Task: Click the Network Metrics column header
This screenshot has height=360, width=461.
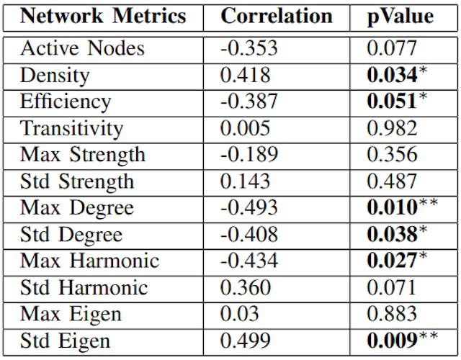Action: point(102,17)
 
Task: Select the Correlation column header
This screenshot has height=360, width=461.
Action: point(277,17)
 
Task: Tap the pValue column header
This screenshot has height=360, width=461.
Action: point(400,17)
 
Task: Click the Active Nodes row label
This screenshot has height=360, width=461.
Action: point(82,49)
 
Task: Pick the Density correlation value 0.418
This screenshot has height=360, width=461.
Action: point(245,76)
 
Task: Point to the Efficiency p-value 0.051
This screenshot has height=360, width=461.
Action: point(392,102)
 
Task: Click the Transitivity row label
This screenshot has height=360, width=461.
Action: point(71,129)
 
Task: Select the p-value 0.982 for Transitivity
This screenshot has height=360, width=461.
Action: point(392,129)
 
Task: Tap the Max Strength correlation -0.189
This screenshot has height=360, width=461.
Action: point(249,155)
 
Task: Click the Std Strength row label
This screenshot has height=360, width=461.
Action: point(77,181)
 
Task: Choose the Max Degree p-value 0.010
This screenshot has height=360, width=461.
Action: point(392,208)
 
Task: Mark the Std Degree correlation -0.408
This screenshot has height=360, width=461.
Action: point(249,235)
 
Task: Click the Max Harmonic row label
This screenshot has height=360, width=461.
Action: point(89,261)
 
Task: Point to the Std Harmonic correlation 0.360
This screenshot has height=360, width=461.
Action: point(245,288)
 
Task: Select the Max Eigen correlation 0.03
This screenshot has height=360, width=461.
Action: point(239,315)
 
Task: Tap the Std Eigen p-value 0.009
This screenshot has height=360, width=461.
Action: point(392,341)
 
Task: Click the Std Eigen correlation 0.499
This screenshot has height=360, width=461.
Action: point(245,341)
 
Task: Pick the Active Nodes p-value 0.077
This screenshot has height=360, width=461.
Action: point(392,49)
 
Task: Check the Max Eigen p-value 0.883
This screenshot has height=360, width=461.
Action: point(392,315)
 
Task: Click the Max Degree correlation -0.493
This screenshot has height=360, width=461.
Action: point(249,208)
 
